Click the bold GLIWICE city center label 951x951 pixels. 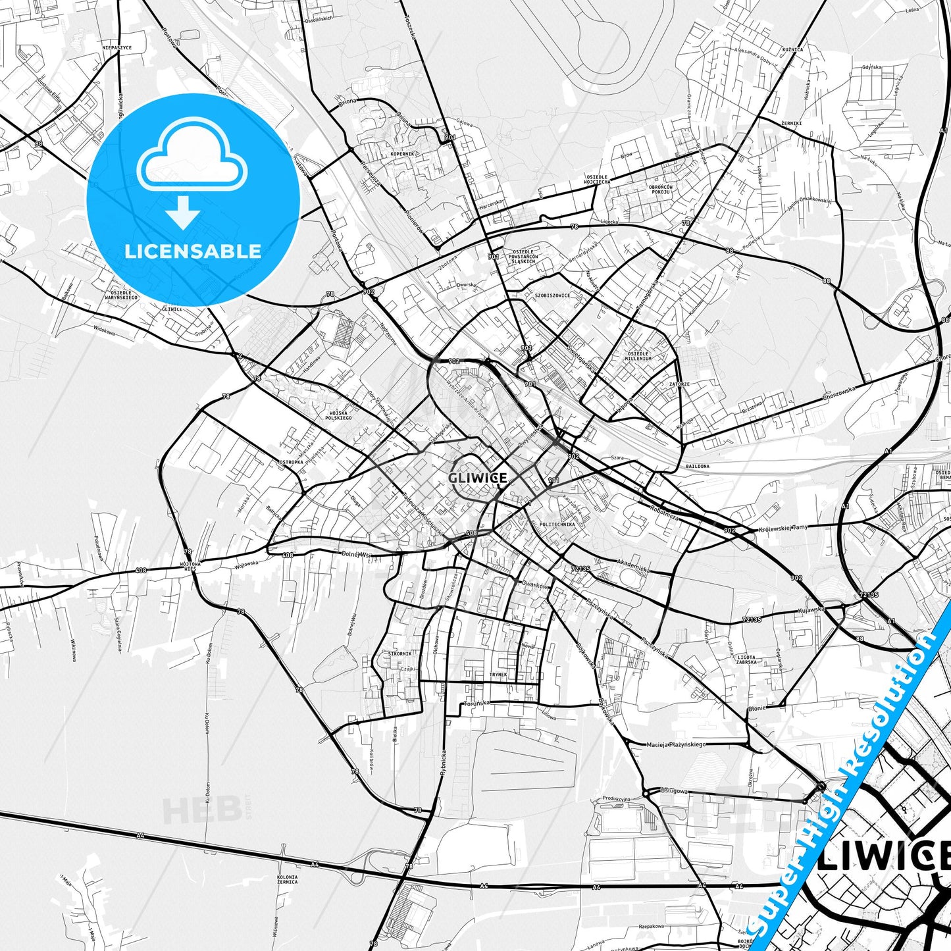(x=477, y=478)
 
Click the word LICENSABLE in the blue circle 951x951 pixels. (x=193, y=251)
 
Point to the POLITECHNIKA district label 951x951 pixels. (x=557, y=525)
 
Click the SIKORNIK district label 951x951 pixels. (x=400, y=654)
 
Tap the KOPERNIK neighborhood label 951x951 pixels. (x=402, y=154)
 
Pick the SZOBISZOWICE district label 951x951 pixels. (x=552, y=296)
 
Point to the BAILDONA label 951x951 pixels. (x=697, y=466)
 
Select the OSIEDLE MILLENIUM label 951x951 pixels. (x=639, y=356)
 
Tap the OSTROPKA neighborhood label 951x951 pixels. (x=291, y=462)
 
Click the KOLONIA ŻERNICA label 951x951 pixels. (x=287, y=880)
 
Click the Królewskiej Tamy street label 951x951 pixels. (x=783, y=527)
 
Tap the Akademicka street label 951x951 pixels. (x=633, y=566)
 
